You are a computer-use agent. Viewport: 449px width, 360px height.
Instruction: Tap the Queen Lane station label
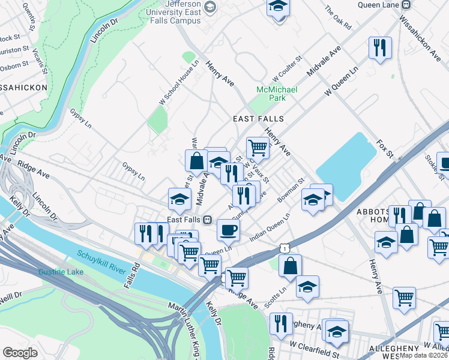click(x=378, y=5)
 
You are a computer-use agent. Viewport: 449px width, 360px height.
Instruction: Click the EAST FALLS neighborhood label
click(x=258, y=119)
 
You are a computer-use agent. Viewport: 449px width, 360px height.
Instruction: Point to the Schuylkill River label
click(x=101, y=263)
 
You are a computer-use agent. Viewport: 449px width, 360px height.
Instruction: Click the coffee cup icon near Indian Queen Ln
click(x=228, y=229)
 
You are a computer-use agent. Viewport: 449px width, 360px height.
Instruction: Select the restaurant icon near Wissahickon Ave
click(x=380, y=48)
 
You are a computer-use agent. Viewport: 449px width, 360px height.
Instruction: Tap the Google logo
click(x=20, y=352)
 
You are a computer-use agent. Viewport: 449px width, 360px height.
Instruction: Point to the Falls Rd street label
click(x=132, y=275)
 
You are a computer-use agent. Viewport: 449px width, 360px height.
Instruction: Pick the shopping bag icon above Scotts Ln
click(x=290, y=266)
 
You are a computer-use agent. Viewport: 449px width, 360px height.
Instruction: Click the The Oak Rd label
click(x=337, y=17)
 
